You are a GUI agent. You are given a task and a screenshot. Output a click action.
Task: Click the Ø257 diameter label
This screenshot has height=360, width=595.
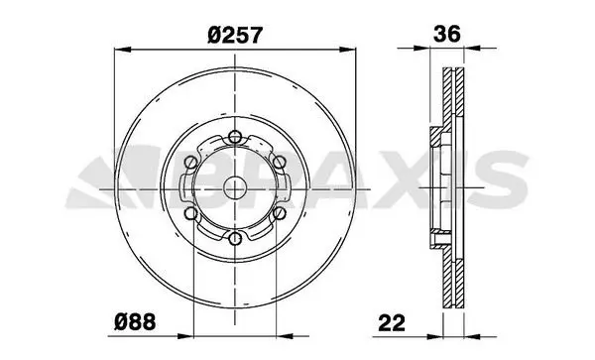[x=235, y=35]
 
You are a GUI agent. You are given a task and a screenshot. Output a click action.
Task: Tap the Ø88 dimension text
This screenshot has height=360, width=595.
[x=135, y=322]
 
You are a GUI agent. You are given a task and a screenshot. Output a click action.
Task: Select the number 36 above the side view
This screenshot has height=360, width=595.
[x=447, y=34]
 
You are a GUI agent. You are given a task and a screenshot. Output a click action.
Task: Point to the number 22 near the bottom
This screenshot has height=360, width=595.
[x=392, y=323]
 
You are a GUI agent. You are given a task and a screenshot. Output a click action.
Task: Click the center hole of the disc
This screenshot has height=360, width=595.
[x=235, y=188]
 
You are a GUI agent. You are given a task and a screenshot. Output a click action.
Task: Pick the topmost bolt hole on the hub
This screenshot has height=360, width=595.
[x=235, y=137]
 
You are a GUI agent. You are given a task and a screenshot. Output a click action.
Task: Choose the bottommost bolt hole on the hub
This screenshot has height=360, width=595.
[x=235, y=239]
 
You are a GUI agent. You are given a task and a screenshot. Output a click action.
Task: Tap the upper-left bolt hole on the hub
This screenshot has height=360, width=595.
[x=190, y=163]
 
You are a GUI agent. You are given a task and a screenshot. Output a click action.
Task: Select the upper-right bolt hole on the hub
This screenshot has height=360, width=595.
[x=279, y=163]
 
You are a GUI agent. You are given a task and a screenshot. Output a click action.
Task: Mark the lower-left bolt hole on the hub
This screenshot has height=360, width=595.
[x=190, y=213]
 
